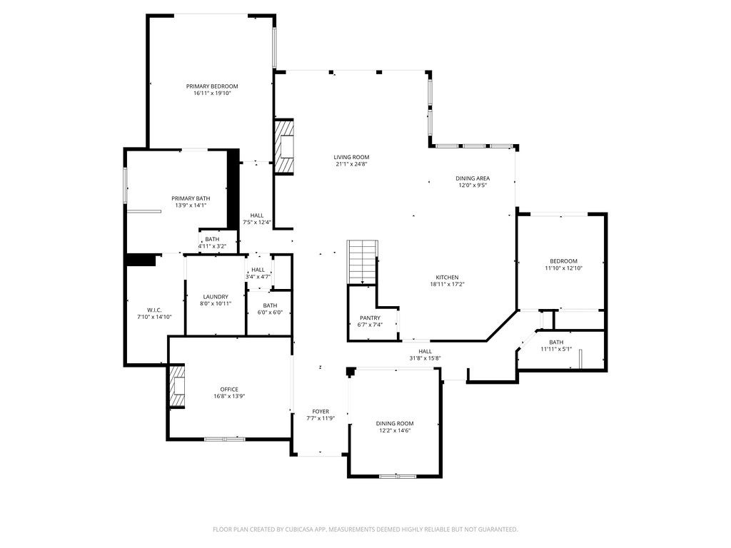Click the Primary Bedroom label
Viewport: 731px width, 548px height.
click(x=212, y=86)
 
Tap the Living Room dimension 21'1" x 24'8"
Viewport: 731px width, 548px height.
click(x=351, y=164)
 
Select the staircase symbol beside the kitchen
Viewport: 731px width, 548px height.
click(x=362, y=262)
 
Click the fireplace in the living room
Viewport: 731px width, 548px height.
click(x=285, y=146)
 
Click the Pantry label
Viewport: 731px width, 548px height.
click(x=370, y=318)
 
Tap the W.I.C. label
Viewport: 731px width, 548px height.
click(x=154, y=310)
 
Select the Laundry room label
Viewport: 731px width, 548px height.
click(x=216, y=297)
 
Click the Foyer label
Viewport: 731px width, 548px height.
click(x=321, y=411)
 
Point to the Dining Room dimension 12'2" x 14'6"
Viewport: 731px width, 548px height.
click(x=395, y=430)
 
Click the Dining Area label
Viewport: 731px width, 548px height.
click(x=473, y=178)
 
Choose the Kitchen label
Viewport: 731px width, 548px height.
click(x=448, y=278)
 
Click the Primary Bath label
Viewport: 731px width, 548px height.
click(x=191, y=198)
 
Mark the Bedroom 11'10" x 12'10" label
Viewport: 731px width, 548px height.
click(x=563, y=261)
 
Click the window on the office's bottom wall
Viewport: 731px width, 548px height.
click(x=225, y=439)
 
